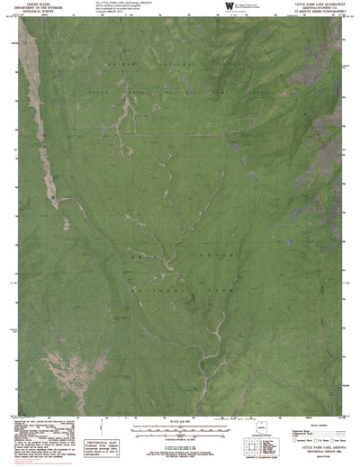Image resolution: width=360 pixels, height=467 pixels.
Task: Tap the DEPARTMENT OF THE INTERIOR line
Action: (x=35, y=8)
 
